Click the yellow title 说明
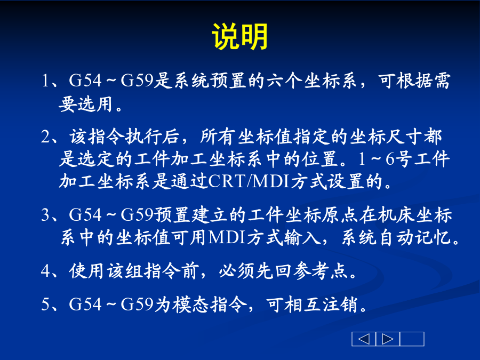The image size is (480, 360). (240, 36)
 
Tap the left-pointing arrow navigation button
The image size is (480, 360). (364, 339)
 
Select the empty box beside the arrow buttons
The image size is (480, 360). (412, 339)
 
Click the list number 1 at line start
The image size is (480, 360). (45, 81)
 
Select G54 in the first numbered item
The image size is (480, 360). (85, 81)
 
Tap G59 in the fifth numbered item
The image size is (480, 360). (137, 304)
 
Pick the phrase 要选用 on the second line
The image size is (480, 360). (86, 104)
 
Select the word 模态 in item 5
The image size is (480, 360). (190, 304)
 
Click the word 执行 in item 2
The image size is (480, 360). (143, 137)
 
